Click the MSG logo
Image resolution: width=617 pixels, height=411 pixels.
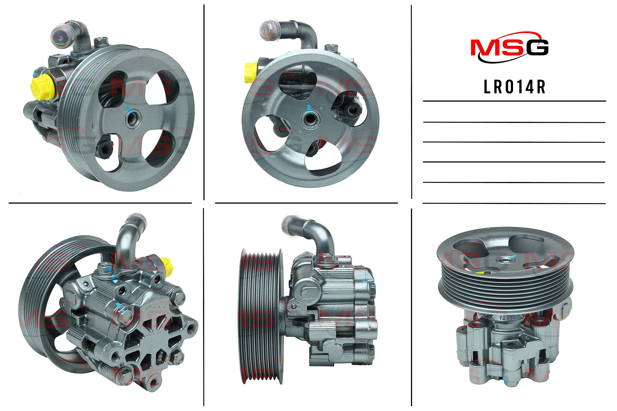tap(510, 47)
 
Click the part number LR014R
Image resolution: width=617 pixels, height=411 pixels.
tap(515, 87)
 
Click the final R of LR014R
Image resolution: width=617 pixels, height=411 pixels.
tap(541, 87)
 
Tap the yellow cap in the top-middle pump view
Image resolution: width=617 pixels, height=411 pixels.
tap(251, 72)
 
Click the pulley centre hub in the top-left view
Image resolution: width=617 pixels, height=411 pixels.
tap(133, 118)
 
